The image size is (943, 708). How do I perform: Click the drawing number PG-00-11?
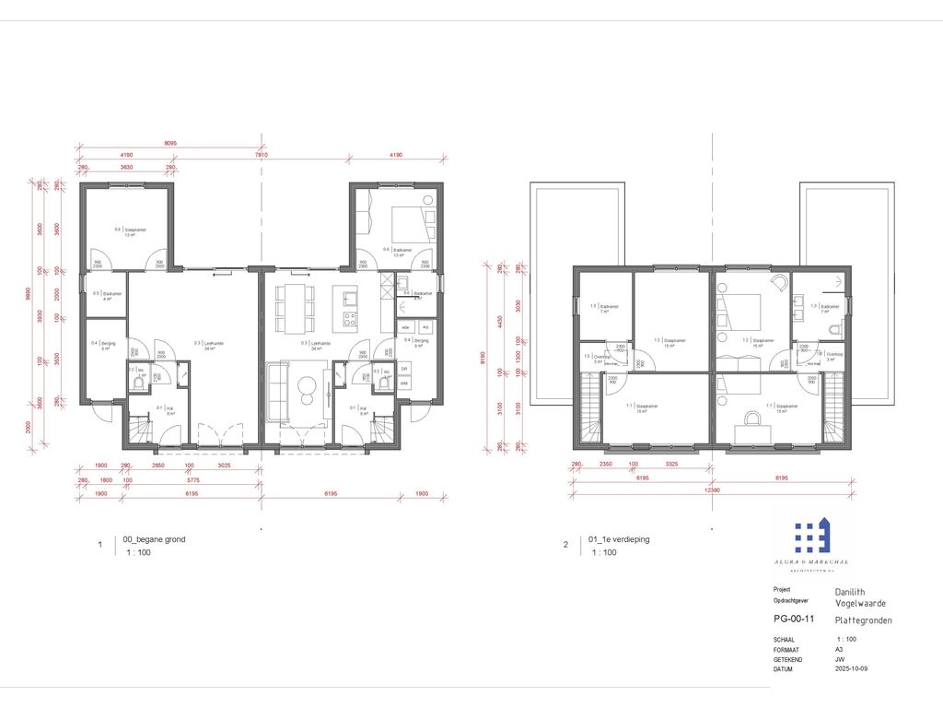[x=793, y=619]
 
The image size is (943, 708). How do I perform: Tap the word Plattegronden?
[x=863, y=620]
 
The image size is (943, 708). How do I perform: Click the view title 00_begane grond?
[x=154, y=539]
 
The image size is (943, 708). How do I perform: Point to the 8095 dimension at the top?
[x=171, y=144]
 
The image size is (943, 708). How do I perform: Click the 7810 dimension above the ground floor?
[x=262, y=155]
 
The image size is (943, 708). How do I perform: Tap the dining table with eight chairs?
[x=294, y=309]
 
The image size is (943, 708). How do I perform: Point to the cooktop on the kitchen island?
[x=350, y=320]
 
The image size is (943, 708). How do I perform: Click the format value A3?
[x=839, y=649]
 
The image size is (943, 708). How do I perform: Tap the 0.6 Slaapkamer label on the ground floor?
[x=132, y=230]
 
